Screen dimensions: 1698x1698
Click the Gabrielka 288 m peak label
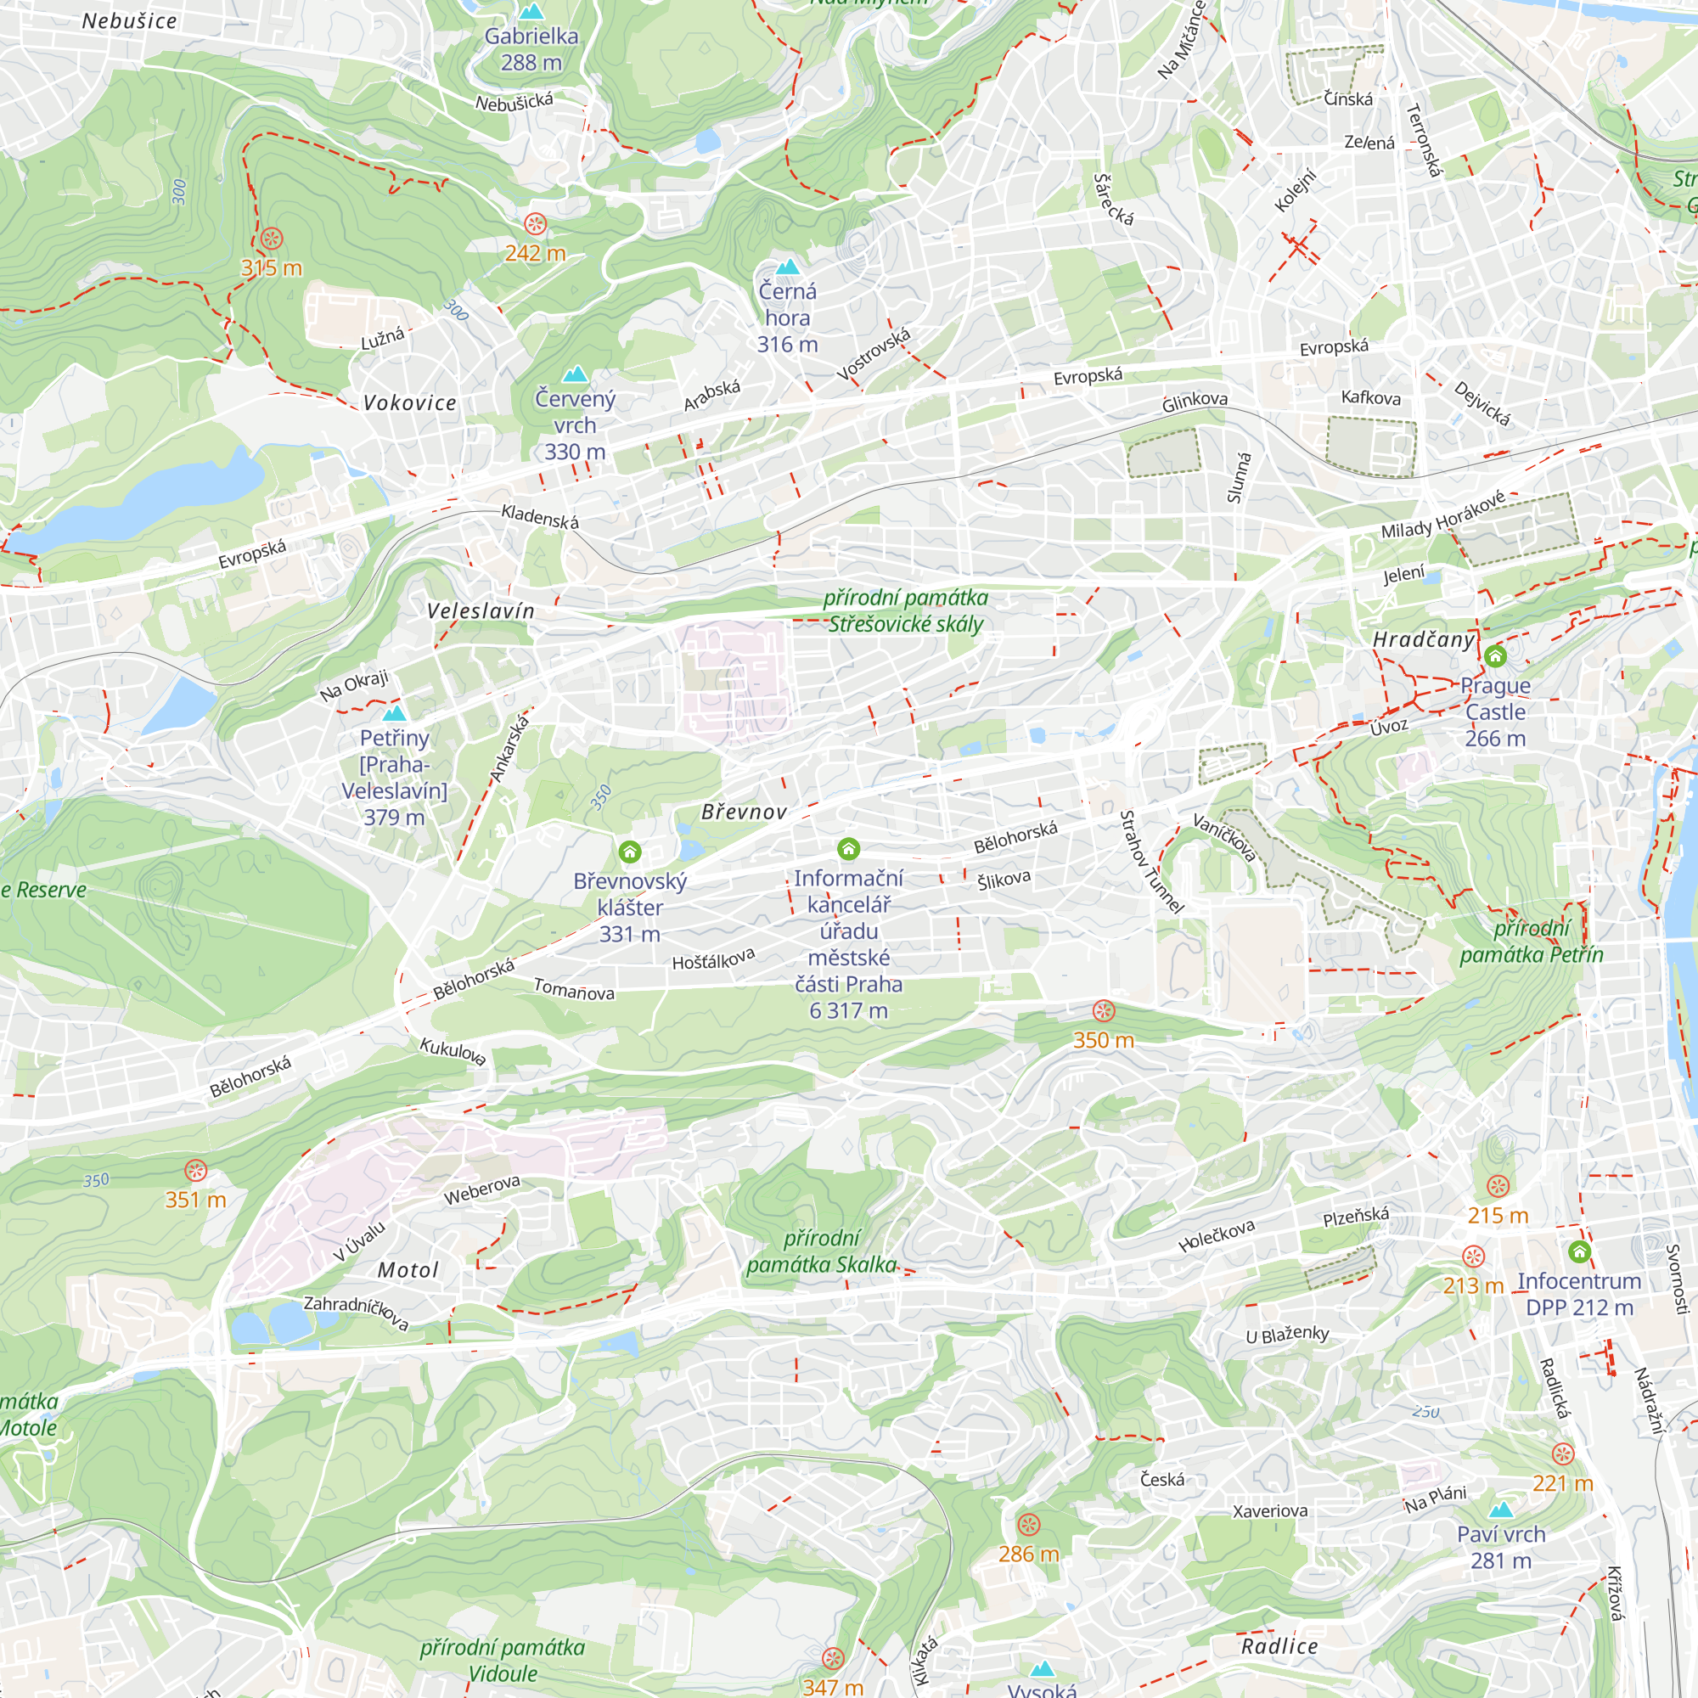click(531, 49)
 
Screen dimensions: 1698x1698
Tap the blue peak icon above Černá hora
click(788, 267)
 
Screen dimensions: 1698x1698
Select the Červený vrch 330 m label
click(575, 425)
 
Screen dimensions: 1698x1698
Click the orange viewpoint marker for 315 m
click(272, 239)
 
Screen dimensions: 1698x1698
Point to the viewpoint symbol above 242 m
click(535, 224)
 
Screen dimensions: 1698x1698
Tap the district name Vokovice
click(409, 403)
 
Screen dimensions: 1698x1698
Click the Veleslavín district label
click(481, 610)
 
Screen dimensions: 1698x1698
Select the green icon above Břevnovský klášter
click(629, 852)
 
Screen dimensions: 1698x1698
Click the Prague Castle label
click(1495, 712)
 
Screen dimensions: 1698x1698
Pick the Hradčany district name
click(1424, 640)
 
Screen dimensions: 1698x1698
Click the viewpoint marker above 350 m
click(1104, 1010)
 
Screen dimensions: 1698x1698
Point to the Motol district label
click(408, 1270)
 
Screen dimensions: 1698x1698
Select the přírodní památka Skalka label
click(821, 1251)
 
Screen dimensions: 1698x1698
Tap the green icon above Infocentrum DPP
click(1579, 1251)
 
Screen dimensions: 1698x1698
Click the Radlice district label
click(1279, 1646)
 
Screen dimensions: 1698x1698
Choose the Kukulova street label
click(453, 1051)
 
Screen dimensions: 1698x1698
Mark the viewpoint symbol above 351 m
click(195, 1171)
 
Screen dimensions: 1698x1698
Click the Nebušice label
click(129, 21)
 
